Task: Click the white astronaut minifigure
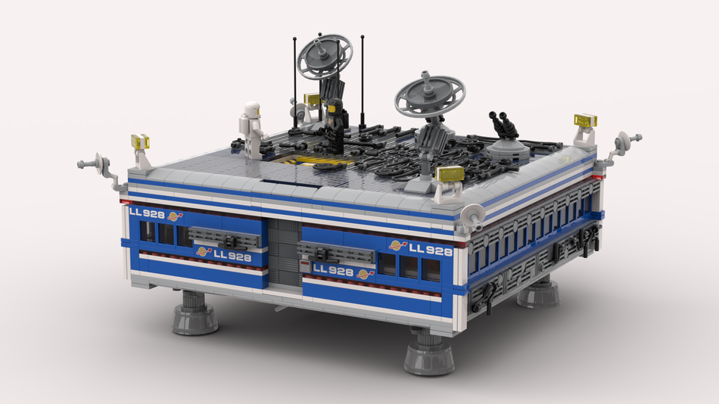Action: point(252,130)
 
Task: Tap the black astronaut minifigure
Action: point(335,125)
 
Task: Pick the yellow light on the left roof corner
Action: point(141,141)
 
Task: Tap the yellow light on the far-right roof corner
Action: point(586,120)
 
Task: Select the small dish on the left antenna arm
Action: point(99,163)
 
